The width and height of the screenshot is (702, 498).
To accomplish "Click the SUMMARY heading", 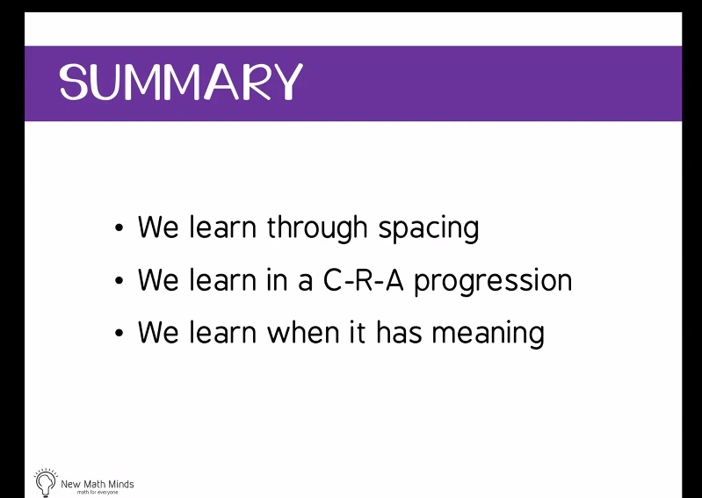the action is (181, 82).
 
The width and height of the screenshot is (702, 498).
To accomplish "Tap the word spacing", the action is (429, 229).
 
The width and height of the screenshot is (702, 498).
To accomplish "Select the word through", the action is (317, 228).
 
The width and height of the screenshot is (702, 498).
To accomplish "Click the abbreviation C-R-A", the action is (363, 280).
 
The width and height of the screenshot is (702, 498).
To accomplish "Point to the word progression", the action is (493, 282).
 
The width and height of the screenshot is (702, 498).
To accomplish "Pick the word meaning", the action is (488, 334).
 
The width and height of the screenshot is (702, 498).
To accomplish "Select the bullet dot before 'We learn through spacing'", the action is (119, 228).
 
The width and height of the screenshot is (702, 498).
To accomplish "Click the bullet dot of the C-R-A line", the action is (119, 280).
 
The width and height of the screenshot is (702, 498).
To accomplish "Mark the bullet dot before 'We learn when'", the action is (119, 333).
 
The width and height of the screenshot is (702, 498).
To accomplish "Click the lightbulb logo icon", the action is (46, 482).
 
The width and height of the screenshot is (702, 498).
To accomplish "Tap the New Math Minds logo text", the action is (98, 484).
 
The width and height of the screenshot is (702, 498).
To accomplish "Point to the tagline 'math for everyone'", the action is (98, 493).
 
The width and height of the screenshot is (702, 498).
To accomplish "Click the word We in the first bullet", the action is (157, 227).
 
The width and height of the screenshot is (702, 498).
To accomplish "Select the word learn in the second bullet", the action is (222, 279).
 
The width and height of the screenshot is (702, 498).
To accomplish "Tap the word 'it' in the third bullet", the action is (358, 332).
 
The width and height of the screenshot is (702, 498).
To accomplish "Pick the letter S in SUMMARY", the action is (73, 82).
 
